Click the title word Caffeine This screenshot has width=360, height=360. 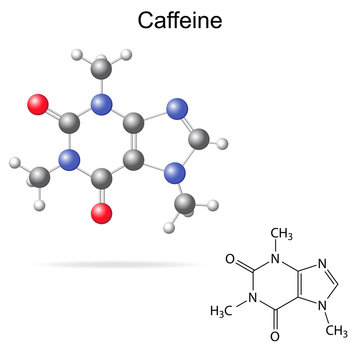coord(180,20)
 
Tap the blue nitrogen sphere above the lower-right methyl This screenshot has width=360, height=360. coord(176,173)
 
